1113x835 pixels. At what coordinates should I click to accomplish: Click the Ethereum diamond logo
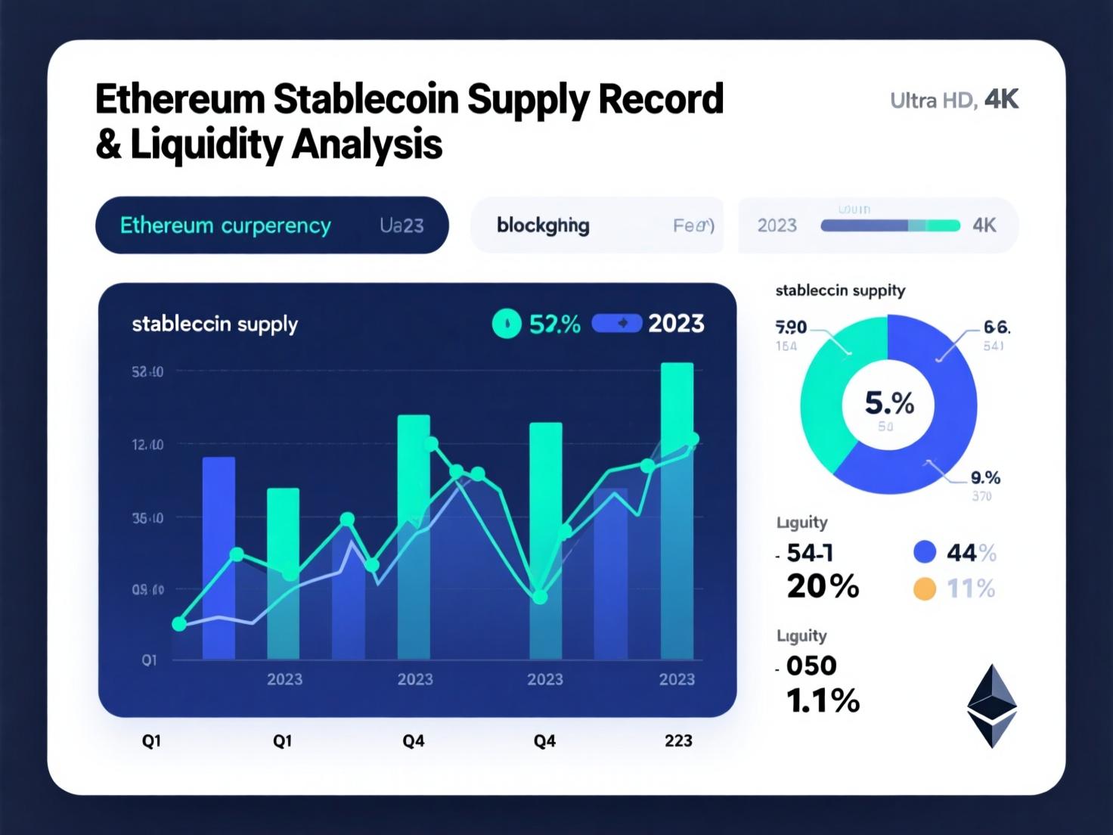point(992,706)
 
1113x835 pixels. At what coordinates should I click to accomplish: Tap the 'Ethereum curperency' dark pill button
point(271,225)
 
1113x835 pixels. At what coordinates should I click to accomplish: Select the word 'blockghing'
point(543,225)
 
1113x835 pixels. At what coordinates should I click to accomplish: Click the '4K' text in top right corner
point(1001,100)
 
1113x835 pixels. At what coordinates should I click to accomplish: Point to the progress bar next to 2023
point(890,225)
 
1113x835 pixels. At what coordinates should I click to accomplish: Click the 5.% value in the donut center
point(889,404)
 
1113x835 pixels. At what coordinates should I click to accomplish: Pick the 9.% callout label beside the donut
point(985,478)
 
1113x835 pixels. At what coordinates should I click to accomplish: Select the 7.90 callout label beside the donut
point(791,327)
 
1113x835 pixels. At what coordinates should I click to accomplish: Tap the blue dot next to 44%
point(925,552)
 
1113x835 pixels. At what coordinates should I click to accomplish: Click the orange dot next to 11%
point(925,588)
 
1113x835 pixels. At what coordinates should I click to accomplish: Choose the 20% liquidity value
point(823,586)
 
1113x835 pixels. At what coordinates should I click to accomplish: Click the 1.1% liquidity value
point(823,701)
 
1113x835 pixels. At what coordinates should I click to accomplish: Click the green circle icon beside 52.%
point(507,324)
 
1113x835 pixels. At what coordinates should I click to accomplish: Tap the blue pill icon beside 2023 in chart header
point(616,324)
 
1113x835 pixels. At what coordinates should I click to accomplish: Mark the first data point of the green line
point(179,624)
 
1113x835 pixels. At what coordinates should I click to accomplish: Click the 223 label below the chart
point(678,741)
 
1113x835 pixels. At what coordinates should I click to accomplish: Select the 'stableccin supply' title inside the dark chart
point(215,324)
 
